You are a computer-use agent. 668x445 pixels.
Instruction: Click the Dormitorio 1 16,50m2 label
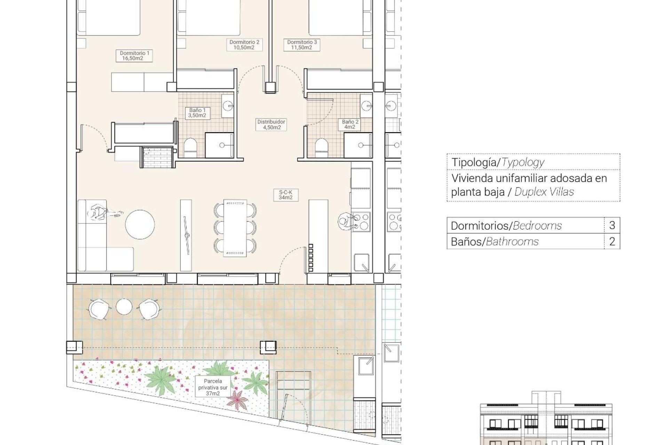tap(134, 56)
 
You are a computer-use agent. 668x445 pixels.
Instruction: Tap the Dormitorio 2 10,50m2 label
tap(244, 45)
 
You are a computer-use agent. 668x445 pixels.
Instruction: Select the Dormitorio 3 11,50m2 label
tap(302, 45)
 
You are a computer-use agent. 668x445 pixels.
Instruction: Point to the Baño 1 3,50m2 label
tap(197, 113)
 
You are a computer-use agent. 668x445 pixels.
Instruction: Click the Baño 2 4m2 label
tap(350, 124)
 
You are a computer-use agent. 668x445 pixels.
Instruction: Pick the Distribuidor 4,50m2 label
tap(271, 124)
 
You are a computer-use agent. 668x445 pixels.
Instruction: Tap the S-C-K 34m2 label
tap(285, 195)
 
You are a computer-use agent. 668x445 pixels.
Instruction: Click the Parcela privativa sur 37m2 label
tap(213, 387)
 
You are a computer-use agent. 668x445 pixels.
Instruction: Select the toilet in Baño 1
tap(190, 147)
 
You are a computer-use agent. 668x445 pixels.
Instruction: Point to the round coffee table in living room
tap(140, 224)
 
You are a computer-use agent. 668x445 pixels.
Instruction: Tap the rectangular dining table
tap(235, 228)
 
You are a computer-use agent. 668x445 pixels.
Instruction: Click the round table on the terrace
tap(124, 307)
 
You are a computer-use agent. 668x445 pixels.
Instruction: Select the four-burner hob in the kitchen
tap(361, 221)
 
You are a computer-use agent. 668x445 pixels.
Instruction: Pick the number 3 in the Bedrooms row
tap(612, 225)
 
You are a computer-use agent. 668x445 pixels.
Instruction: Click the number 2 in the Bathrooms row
tap(612, 241)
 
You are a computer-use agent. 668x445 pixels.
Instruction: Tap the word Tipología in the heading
tap(474, 162)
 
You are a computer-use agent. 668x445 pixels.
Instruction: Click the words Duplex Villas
tap(544, 192)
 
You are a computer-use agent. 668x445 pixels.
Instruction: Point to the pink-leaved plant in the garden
tap(238, 400)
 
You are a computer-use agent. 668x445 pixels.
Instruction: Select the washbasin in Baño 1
tap(228, 105)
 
